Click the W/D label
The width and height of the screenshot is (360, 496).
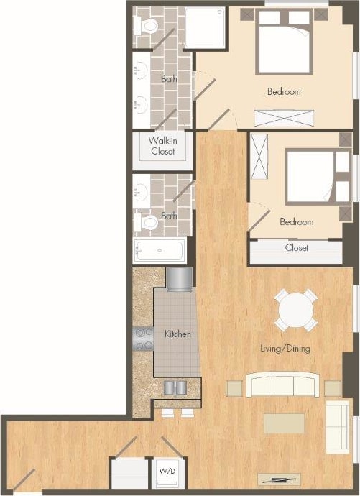point(166,471)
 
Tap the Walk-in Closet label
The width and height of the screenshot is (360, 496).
point(163,146)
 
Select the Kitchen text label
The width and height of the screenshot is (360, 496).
point(177,334)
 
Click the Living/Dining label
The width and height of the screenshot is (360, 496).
point(285,349)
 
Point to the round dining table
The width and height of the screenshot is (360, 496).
point(296,311)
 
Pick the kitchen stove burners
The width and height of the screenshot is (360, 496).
point(144,338)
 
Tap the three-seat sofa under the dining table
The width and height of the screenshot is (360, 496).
point(282,385)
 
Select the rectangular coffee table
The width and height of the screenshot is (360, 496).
point(284,423)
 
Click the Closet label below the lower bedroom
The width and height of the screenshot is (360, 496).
point(296,248)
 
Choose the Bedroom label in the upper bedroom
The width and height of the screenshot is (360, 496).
point(284,92)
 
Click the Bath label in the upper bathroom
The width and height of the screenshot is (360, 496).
point(169,79)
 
